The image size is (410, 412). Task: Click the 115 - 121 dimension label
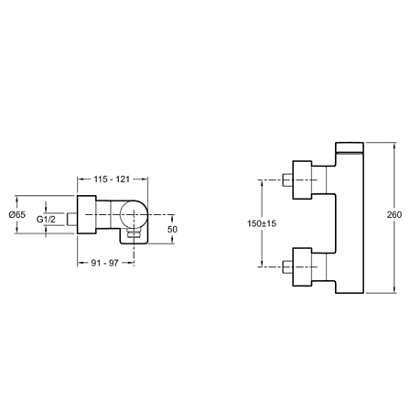pos(112,179)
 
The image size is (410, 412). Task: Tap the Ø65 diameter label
pos(17,215)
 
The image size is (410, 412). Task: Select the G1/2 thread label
pos(46,219)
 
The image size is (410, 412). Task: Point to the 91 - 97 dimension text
pos(104,263)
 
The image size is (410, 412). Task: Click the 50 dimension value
pos(172,229)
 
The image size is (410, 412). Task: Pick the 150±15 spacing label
pos(262,223)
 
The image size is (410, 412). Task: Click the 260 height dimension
pos(394,215)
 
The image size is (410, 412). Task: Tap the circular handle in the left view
pos(134,214)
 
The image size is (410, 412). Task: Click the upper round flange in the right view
pos(302,179)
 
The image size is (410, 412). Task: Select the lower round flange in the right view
pos(302,267)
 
